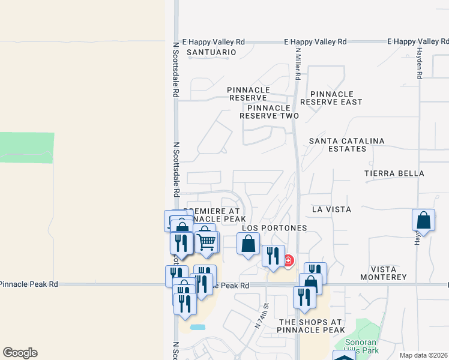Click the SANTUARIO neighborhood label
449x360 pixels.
(211, 53)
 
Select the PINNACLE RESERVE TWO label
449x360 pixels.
(269, 112)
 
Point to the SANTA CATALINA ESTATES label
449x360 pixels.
(346, 145)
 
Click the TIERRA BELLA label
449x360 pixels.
(394, 173)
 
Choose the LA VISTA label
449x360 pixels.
(331, 209)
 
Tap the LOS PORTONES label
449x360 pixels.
(274, 228)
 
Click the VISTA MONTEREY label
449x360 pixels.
(384, 273)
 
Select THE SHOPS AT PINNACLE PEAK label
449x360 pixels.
(311, 326)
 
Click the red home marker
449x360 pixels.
(288, 260)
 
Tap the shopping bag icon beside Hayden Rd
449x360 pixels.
(423, 220)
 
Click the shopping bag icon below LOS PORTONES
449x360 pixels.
(248, 244)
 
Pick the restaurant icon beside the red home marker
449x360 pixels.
(273, 255)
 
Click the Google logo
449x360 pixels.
(20, 353)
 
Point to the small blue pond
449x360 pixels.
(197, 328)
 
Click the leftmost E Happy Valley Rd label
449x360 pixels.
(214, 42)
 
